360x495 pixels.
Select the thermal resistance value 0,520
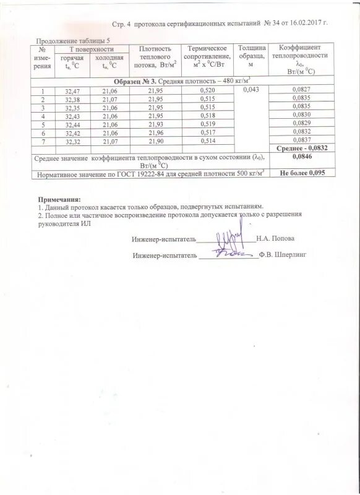click(x=208, y=91)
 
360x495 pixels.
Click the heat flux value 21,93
click(x=158, y=124)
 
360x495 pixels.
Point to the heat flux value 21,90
click(x=158, y=142)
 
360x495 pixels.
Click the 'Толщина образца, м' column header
click(x=252, y=56)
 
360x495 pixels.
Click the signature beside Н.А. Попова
click(x=225, y=239)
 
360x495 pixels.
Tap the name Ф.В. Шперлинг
click(x=284, y=254)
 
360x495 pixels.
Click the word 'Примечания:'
click(x=59, y=199)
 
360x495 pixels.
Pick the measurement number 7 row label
click(x=43, y=142)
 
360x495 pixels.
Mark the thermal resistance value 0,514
click(x=208, y=142)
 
